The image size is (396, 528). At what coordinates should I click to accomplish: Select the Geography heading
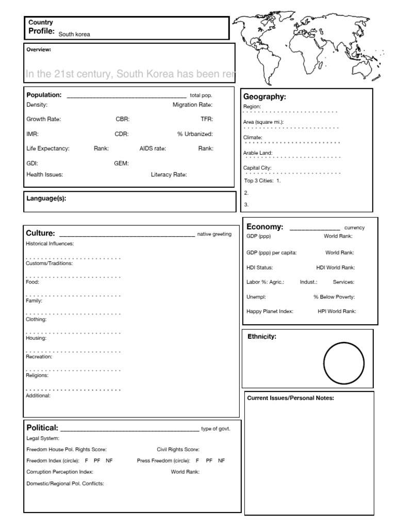264,97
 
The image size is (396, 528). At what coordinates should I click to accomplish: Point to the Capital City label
257,168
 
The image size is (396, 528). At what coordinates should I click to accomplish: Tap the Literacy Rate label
169,175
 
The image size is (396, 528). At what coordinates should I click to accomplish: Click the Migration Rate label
192,105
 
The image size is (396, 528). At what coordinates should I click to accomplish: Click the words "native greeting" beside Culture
214,234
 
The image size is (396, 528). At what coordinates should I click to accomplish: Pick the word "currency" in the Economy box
354,227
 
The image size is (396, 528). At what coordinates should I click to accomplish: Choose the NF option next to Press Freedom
222,460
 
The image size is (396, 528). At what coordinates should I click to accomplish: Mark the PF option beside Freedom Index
97,460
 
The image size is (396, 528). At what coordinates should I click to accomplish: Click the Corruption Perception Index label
59,472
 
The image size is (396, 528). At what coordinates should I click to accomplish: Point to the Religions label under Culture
37,376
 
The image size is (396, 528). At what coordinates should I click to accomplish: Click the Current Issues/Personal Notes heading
291,398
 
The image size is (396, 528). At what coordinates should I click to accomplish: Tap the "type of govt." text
215,429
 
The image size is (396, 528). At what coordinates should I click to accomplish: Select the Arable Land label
258,153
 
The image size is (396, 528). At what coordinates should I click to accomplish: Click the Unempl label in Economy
256,297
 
